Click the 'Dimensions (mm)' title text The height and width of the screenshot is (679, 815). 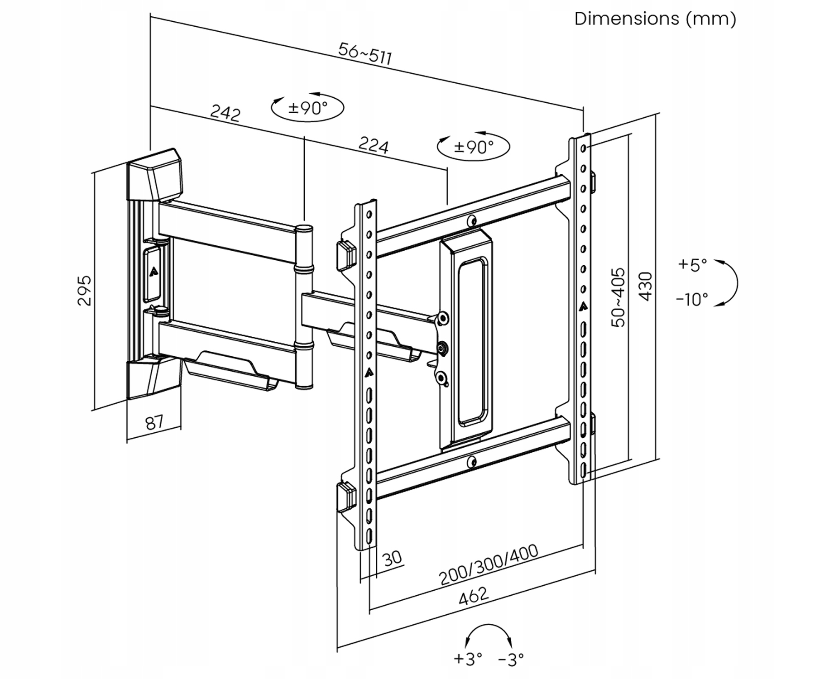coord(655,19)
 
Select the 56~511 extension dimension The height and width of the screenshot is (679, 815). coord(365,54)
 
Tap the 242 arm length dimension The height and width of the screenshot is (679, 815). coord(225,113)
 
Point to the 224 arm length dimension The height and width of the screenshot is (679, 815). coord(374,145)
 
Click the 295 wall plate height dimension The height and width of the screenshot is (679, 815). coord(85,290)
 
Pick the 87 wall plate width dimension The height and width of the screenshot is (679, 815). coord(154,422)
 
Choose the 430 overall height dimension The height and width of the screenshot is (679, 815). coord(645,286)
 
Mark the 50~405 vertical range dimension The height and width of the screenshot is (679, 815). coord(618,297)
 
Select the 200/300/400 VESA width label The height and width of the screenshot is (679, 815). coord(489,564)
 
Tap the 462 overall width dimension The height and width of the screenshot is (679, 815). coord(474,596)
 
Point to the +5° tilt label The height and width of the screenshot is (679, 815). coord(692,264)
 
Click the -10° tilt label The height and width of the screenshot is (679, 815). coord(691,299)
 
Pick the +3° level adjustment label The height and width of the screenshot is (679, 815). coord(468,659)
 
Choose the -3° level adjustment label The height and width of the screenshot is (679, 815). coord(511,659)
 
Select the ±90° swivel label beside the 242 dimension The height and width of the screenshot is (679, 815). coord(308,108)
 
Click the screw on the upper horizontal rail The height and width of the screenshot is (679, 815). coord(471,221)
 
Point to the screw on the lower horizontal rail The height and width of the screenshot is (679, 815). coord(471,462)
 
